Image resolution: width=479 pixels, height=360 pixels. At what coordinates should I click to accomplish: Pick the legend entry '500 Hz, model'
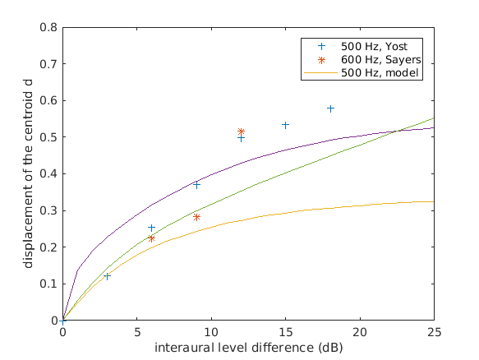[382, 73]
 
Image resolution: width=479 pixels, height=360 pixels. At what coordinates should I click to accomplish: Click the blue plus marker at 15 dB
[286, 125]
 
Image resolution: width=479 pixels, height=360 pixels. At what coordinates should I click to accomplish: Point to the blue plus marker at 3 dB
[108, 276]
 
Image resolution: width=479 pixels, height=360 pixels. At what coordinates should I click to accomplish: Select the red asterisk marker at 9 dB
[196, 217]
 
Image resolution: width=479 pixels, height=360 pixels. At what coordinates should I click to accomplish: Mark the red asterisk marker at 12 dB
[241, 132]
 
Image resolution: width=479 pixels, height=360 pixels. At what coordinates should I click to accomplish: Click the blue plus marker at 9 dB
[196, 185]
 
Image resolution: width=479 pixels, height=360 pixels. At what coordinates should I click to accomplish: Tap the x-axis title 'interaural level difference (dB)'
[248, 348]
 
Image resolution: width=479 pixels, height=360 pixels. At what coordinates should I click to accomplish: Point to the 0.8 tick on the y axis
[51, 27]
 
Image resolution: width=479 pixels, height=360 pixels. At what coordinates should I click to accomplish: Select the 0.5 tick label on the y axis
[51, 137]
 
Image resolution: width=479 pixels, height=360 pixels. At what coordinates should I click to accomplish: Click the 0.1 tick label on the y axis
[51, 284]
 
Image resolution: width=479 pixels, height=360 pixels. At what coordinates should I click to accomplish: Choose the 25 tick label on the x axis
[434, 332]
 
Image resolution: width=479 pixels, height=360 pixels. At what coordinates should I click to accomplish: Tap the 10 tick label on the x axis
[211, 332]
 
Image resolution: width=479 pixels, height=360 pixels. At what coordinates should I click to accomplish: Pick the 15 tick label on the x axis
[286, 332]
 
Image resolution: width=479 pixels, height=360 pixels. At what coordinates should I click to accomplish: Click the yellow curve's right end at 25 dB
[433, 201]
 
